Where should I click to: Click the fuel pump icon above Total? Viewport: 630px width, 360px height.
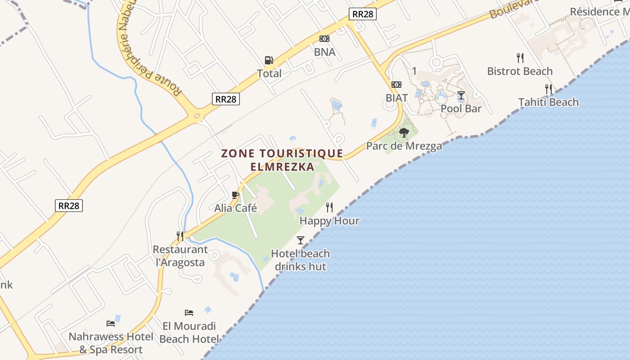(269, 60)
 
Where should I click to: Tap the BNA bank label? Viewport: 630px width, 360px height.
(324, 52)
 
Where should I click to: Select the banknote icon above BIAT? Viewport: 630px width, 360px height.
(396, 85)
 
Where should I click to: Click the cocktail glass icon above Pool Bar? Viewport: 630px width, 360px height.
(461, 95)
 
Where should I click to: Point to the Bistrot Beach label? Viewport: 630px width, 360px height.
(520, 71)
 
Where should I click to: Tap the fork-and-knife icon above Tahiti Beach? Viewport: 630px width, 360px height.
(549, 89)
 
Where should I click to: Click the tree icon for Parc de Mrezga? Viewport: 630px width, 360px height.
(404, 133)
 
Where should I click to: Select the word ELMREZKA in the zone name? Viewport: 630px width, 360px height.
(282, 166)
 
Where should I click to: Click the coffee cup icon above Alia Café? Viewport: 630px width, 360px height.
(235, 195)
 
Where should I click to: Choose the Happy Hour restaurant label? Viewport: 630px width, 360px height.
(329, 221)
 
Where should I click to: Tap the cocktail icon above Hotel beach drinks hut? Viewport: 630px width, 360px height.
(301, 240)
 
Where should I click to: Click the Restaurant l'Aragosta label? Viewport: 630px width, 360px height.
(180, 256)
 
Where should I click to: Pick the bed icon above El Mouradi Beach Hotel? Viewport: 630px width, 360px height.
(189, 313)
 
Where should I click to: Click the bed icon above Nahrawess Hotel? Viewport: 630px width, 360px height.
(111, 323)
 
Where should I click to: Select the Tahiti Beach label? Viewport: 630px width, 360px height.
(549, 102)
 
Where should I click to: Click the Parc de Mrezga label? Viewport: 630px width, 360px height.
(404, 146)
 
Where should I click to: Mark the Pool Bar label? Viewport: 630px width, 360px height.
(461, 108)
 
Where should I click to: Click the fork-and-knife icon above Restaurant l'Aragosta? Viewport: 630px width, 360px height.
(180, 235)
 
